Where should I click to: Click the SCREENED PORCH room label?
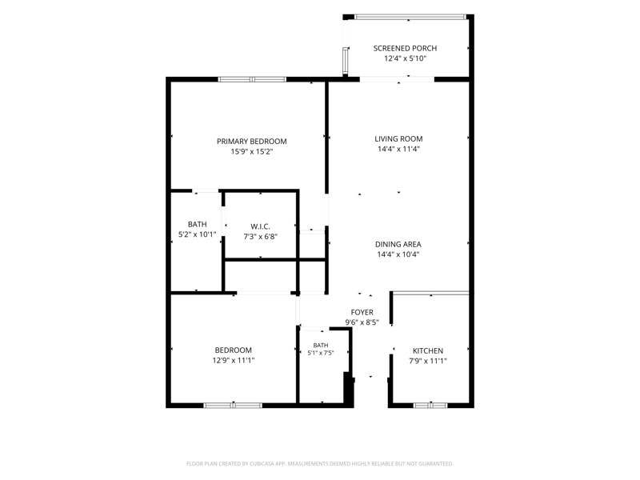pyautogui.click(x=405, y=48)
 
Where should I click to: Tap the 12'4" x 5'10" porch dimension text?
pyautogui.click(x=405, y=58)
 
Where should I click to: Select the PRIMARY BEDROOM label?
pyautogui.click(x=251, y=142)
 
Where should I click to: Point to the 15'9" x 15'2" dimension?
pyautogui.click(x=251, y=152)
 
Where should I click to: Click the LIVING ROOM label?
pyautogui.click(x=398, y=138)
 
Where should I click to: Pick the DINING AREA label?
pyautogui.click(x=398, y=244)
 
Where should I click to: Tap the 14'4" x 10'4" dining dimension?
pyautogui.click(x=398, y=254)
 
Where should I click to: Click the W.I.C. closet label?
pyautogui.click(x=260, y=226)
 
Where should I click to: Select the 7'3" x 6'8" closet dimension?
pyautogui.click(x=261, y=237)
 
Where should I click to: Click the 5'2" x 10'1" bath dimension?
pyautogui.click(x=197, y=234)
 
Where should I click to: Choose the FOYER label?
pyautogui.click(x=362, y=312)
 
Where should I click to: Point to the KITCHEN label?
pyautogui.click(x=428, y=350)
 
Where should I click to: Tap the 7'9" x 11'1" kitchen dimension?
pyautogui.click(x=428, y=362)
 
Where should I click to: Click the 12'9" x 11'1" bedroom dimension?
pyautogui.click(x=233, y=361)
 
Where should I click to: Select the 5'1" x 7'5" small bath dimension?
pyautogui.click(x=321, y=353)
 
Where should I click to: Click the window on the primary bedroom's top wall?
pyautogui.click(x=252, y=79)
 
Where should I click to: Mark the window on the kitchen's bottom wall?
pyautogui.click(x=430, y=406)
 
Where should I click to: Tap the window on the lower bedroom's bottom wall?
pyautogui.click(x=233, y=406)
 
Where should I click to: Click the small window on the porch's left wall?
pyautogui.click(x=346, y=60)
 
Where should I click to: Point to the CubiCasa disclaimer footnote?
pyautogui.click(x=319, y=464)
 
